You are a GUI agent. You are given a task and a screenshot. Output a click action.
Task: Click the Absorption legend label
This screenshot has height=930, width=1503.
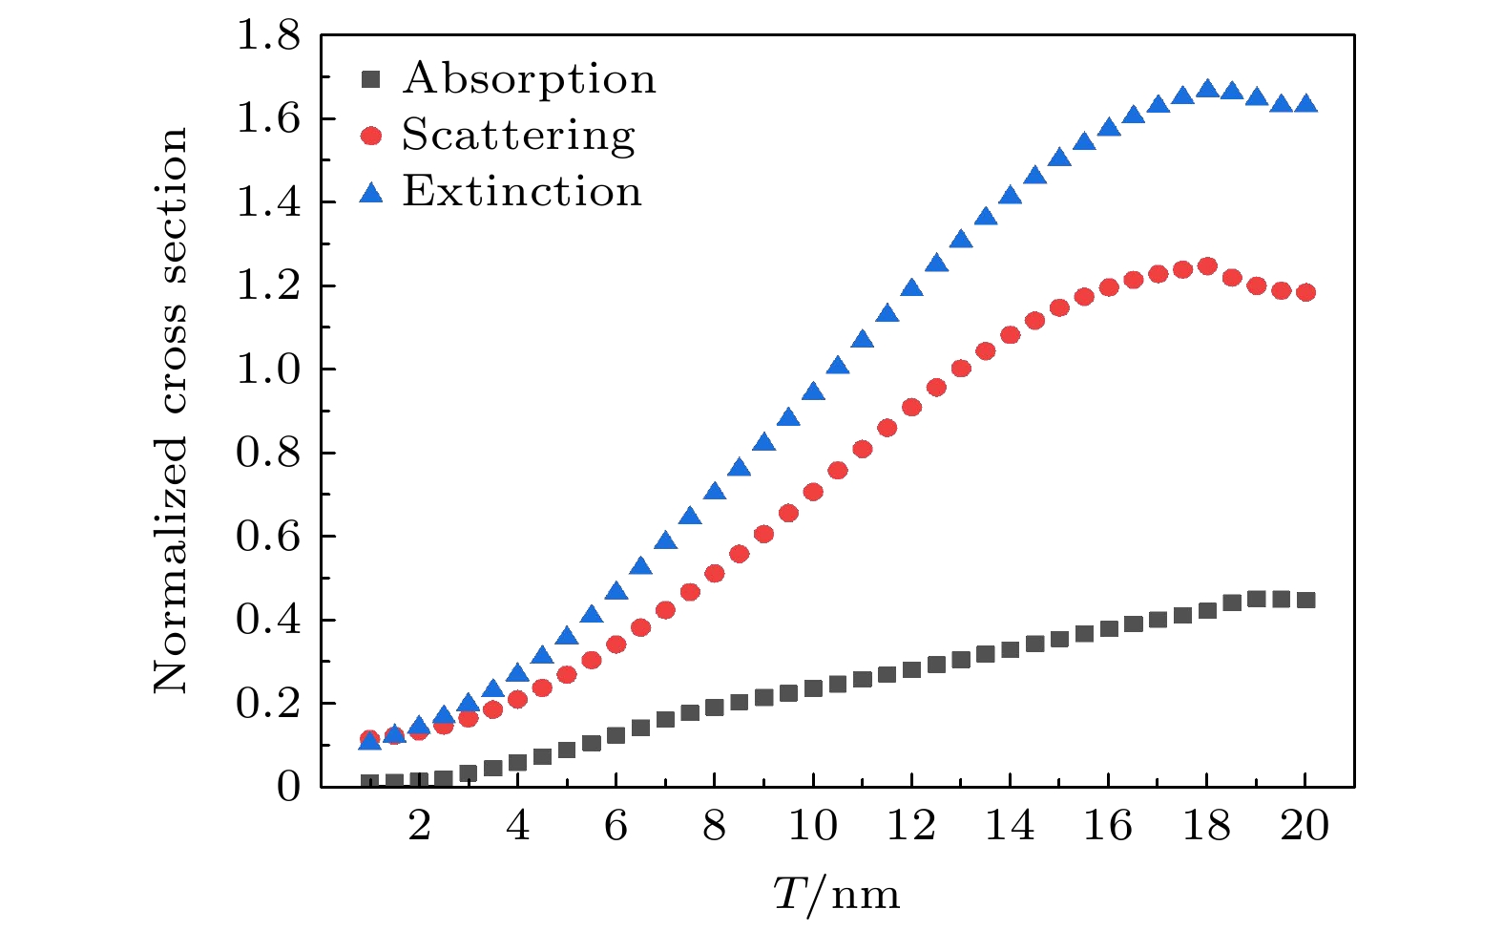530,78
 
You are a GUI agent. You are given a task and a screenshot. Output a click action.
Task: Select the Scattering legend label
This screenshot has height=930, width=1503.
518,135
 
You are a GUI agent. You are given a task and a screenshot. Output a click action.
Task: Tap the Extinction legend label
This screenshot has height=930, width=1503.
522,191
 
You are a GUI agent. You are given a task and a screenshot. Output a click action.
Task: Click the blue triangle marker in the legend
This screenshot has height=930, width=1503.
371,194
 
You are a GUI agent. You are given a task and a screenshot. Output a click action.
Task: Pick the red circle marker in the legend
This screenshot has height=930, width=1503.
371,137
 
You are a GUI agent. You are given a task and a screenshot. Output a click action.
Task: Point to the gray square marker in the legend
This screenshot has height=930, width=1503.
371,80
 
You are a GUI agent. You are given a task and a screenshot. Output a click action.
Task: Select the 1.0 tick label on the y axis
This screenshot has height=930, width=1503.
267,370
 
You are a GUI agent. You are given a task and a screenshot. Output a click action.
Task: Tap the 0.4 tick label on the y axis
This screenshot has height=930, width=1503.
267,620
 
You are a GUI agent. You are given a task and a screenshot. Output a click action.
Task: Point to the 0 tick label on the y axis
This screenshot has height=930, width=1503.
288,788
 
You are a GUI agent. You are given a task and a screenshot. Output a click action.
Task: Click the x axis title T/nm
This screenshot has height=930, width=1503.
836,895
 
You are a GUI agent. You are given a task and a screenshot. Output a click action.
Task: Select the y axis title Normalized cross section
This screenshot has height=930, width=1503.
171,411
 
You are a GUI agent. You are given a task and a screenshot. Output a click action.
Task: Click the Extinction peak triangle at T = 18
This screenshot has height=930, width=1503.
1207,89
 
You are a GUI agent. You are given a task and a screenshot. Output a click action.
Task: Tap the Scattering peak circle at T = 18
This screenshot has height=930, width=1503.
1207,266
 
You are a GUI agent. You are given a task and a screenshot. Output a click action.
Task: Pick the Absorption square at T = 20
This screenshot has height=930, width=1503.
1305,601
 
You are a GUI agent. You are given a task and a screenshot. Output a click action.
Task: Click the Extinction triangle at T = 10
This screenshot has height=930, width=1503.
813,391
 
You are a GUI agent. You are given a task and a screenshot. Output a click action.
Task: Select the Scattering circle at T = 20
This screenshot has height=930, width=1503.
1305,292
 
